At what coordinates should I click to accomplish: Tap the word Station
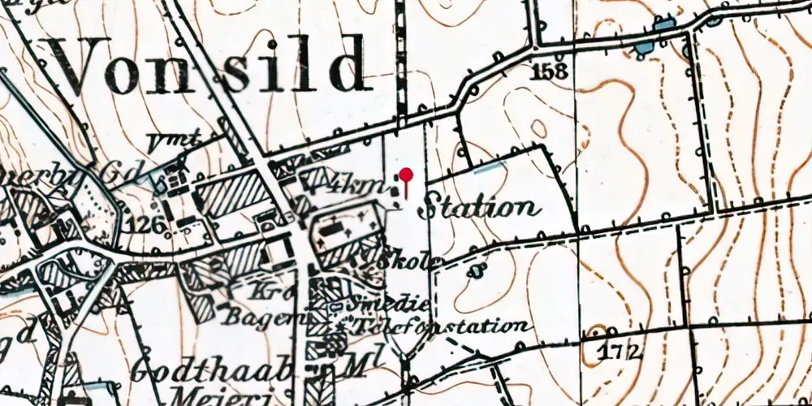[x=479, y=206]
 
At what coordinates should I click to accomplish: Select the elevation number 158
[x=550, y=71]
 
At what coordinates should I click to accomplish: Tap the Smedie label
[x=382, y=306]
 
